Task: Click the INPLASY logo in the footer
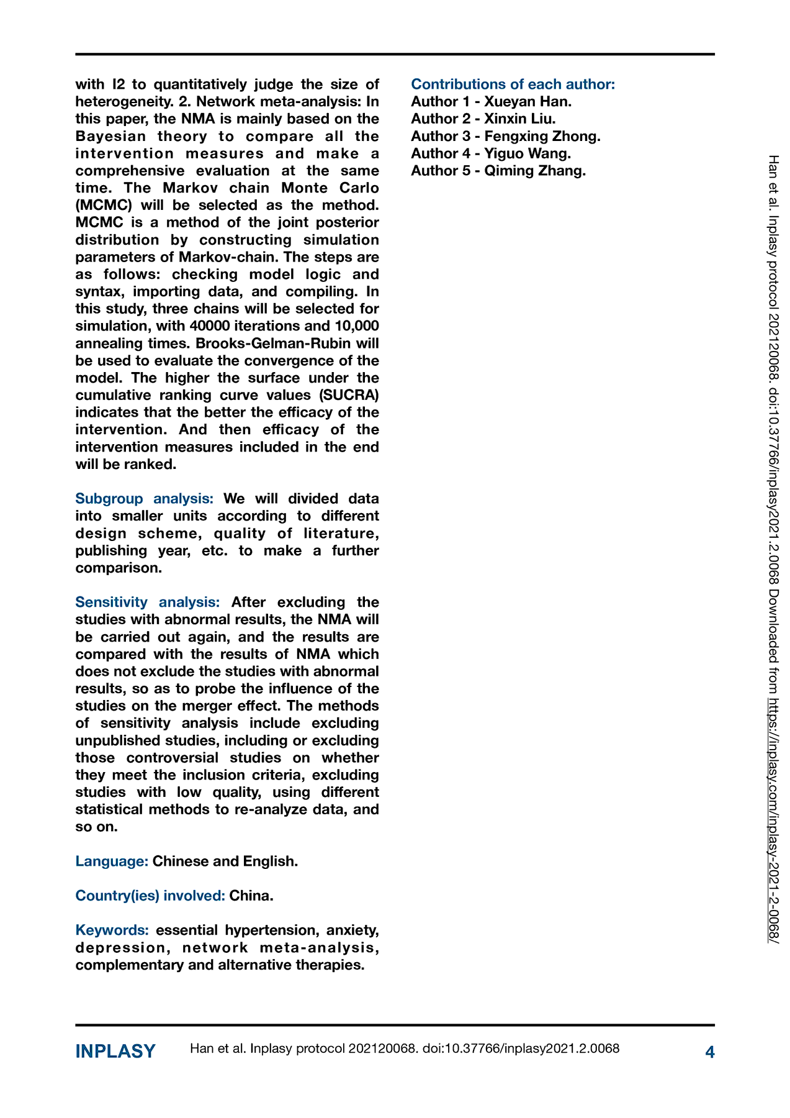[115, 1051]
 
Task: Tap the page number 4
[710, 1052]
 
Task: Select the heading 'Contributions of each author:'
[513, 84]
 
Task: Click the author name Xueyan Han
[527, 101]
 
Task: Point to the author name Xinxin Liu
[519, 119]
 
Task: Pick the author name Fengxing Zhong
[542, 136]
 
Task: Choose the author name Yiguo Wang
[527, 153]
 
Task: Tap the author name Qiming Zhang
[534, 171]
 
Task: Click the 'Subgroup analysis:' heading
[144, 499]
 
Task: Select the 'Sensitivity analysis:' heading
[147, 602]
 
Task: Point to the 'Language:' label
[112, 861]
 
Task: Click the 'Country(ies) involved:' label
[150, 896]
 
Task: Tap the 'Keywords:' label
[112, 930]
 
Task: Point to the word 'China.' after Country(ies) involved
[251, 896]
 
